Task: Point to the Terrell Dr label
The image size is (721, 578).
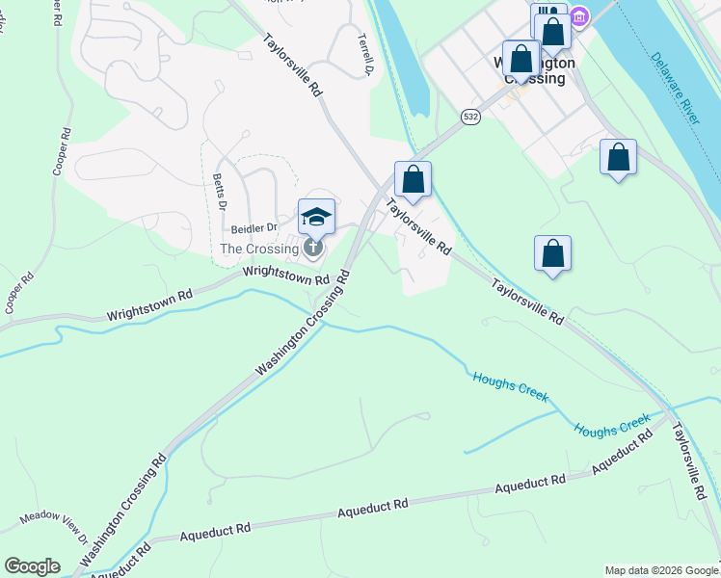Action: point(365,55)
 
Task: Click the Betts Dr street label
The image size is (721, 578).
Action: point(218,193)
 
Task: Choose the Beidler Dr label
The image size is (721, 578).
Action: point(254,228)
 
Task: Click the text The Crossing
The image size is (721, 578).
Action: point(259,249)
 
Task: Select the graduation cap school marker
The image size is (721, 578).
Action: point(315,216)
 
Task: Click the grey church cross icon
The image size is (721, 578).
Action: point(313,249)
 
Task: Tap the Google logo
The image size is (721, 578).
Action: point(32,566)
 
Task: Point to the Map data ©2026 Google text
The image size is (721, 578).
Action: point(661,570)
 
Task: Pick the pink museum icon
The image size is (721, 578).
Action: point(579,16)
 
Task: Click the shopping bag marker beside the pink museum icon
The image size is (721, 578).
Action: point(553,31)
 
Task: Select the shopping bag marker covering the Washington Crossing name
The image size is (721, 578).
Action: point(521,59)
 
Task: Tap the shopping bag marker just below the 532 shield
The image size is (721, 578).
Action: point(413,179)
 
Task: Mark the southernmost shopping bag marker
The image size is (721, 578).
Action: point(552,253)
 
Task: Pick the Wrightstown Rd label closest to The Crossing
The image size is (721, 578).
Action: point(286,276)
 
